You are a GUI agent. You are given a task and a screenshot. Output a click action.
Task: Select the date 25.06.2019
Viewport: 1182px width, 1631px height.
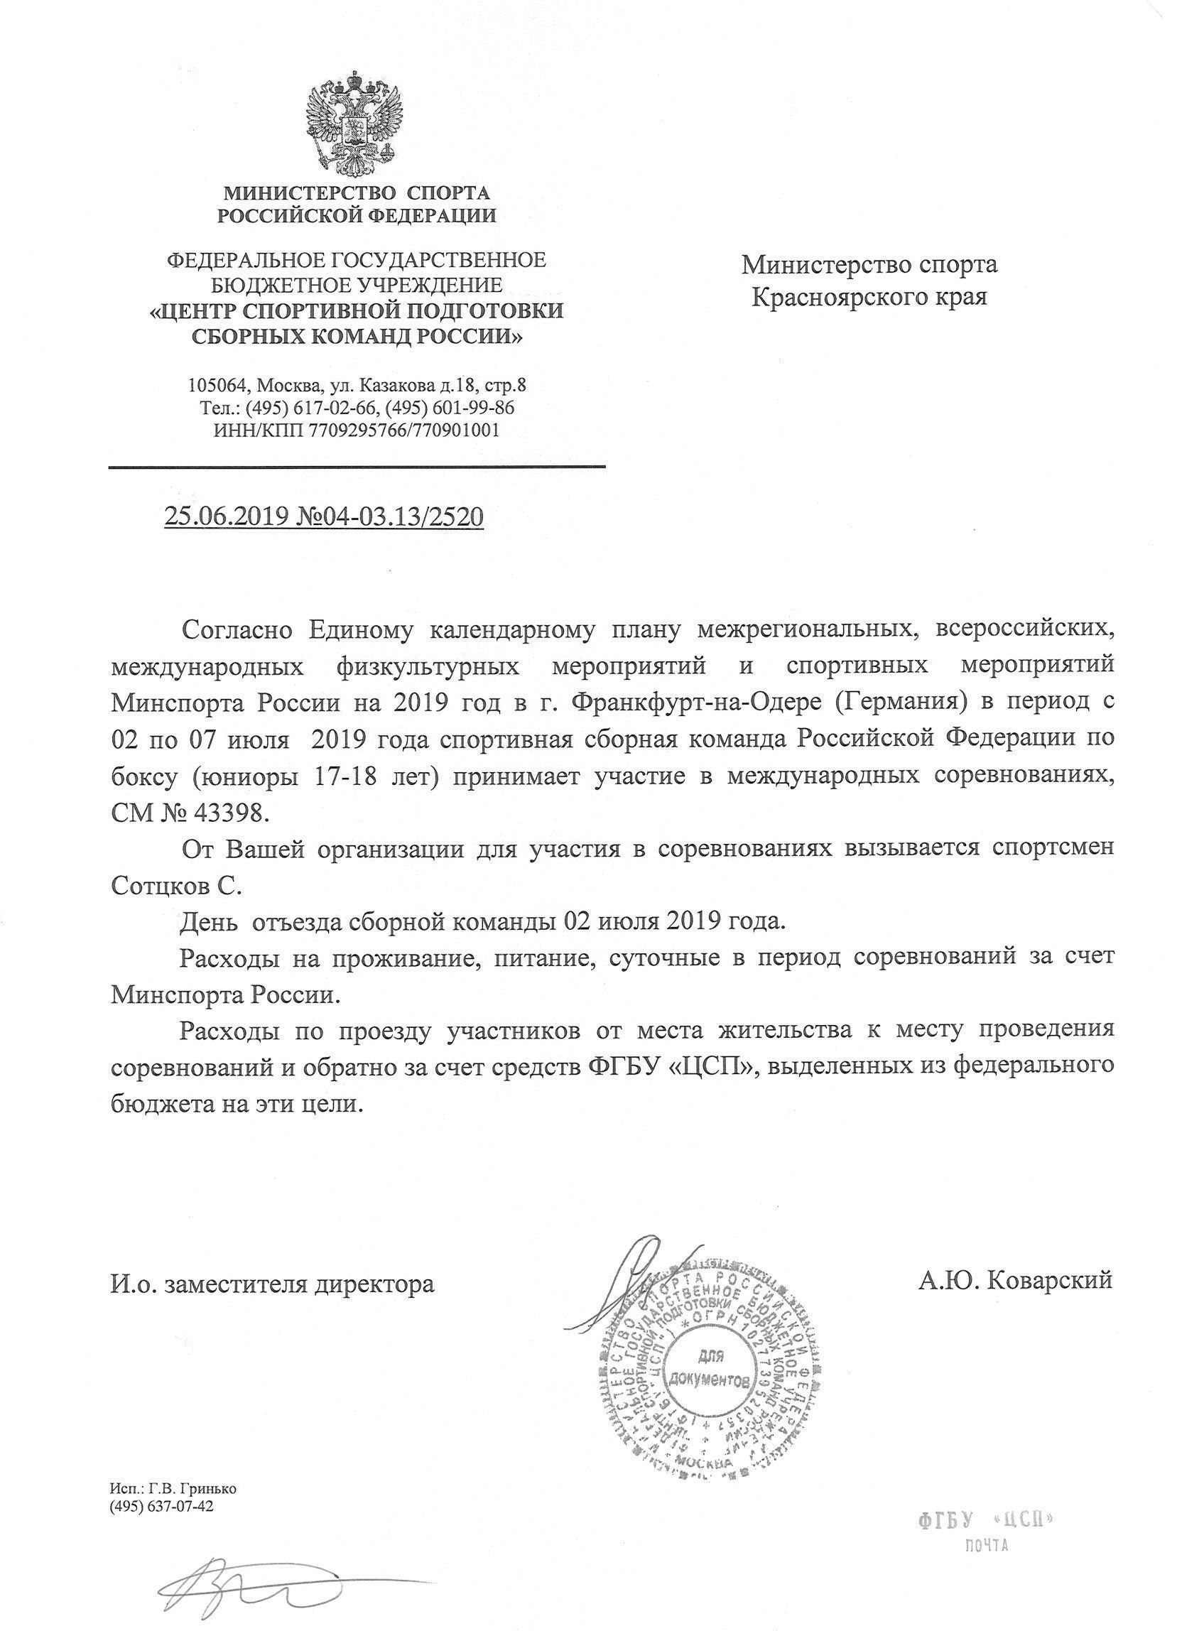[x=226, y=516]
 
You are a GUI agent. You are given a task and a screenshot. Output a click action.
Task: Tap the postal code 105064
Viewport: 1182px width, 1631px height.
[x=214, y=386]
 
